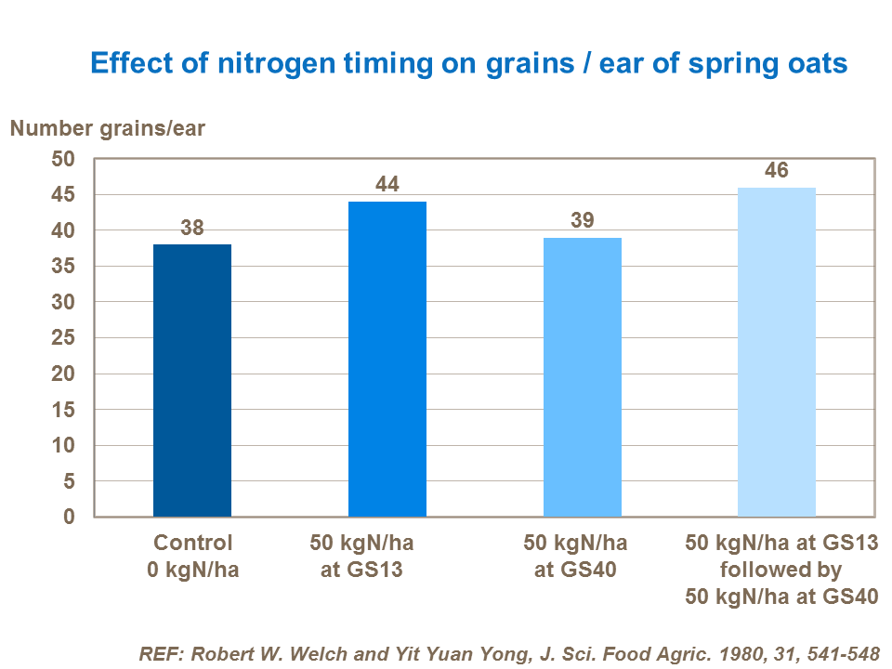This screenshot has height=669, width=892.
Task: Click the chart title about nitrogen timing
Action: click(468, 63)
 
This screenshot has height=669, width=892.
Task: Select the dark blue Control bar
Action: click(192, 380)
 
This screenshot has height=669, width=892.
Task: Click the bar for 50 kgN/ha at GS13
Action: click(387, 359)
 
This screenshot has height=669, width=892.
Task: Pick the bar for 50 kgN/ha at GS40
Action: click(583, 376)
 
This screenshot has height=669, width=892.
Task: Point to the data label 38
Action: click(192, 228)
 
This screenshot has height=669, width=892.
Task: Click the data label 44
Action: click(387, 185)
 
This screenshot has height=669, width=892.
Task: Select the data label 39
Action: click(583, 221)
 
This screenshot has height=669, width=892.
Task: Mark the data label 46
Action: click(777, 171)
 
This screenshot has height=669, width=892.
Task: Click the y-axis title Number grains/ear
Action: click(108, 129)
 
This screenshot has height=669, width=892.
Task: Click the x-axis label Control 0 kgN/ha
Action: click(192, 556)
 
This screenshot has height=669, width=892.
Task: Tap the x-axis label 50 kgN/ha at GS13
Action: click(361, 556)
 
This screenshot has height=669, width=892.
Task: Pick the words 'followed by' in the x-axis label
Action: click(780, 570)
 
